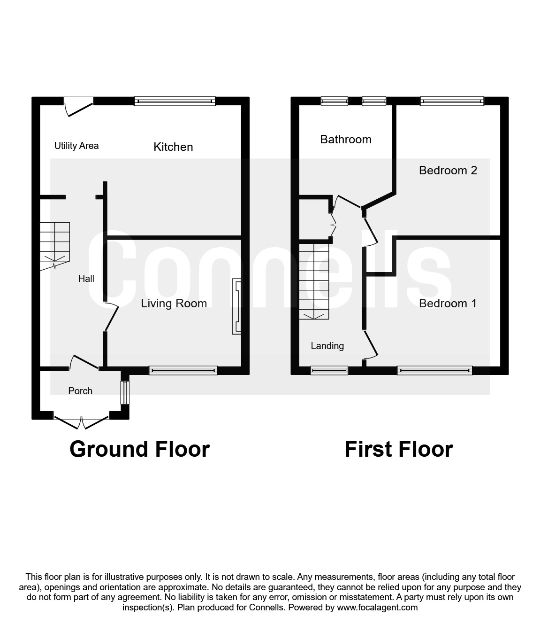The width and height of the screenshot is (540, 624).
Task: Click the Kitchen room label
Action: coord(173,147)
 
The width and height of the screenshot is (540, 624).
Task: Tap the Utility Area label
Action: coord(76,146)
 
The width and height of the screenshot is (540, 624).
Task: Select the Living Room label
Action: coord(174,304)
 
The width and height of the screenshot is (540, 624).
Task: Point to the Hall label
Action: coord(86,279)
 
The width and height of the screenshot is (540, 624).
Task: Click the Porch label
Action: coord(80,391)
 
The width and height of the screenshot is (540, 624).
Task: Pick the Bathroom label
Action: coord(346,140)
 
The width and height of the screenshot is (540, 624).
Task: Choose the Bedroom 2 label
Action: coord(448,170)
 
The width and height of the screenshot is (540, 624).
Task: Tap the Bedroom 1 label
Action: coord(448,304)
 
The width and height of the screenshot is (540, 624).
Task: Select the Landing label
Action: coord(327,346)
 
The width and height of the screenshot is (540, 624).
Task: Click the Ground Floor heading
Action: coord(139,449)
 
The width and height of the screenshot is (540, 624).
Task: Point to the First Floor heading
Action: coord(398,449)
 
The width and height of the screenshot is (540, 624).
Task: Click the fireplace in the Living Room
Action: coord(236,307)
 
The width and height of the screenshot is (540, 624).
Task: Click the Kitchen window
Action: coord(175,101)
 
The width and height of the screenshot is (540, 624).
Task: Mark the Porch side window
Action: coord(124,392)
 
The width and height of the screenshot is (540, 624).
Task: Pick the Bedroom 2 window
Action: coord(451,101)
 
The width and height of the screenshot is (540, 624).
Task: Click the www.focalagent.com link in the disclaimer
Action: coord(377,608)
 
